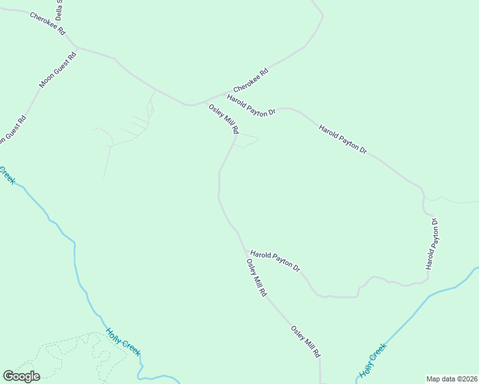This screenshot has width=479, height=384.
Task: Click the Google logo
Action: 21,376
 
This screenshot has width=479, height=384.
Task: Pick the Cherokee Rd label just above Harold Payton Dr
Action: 250,80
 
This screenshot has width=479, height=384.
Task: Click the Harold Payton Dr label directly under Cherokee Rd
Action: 250,104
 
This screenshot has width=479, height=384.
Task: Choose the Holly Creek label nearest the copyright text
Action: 373,360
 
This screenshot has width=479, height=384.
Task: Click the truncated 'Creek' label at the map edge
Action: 7,174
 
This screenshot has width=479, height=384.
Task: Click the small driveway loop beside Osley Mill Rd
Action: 247,141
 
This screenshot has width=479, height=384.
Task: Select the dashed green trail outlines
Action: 70,355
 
